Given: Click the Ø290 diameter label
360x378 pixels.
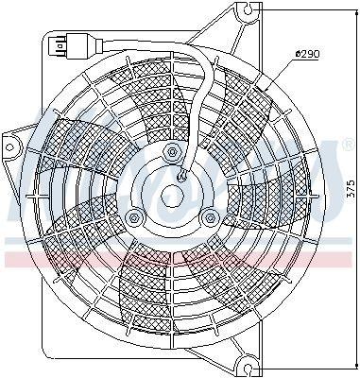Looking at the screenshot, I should (x=308, y=54).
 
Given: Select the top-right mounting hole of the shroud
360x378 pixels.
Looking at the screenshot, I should (x=249, y=12).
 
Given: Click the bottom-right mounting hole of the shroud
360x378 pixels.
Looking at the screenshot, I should (x=249, y=361).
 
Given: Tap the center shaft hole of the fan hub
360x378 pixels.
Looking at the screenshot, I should (x=172, y=197).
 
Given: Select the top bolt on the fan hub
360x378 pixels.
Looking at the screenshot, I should (x=171, y=152).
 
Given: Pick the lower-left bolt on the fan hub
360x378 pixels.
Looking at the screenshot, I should (x=134, y=219).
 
